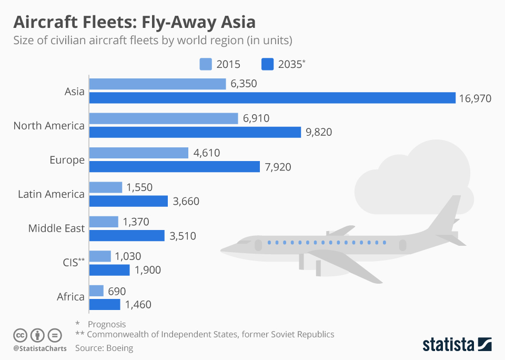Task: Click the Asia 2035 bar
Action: click(272, 98)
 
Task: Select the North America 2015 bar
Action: click(164, 118)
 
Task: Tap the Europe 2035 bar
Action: click(175, 166)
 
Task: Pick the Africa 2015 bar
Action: click(96, 291)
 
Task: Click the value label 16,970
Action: click(476, 98)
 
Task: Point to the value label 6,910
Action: click(256, 118)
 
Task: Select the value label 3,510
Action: click(183, 236)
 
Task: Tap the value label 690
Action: click(117, 291)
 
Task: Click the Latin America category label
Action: click(51, 194)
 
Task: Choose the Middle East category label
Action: click(56, 228)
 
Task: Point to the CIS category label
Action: click(70, 263)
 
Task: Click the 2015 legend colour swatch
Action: click(205, 64)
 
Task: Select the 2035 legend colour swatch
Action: click(267, 64)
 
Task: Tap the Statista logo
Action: click(457, 345)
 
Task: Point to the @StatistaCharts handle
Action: click(40, 348)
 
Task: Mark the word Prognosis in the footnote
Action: click(107, 324)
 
